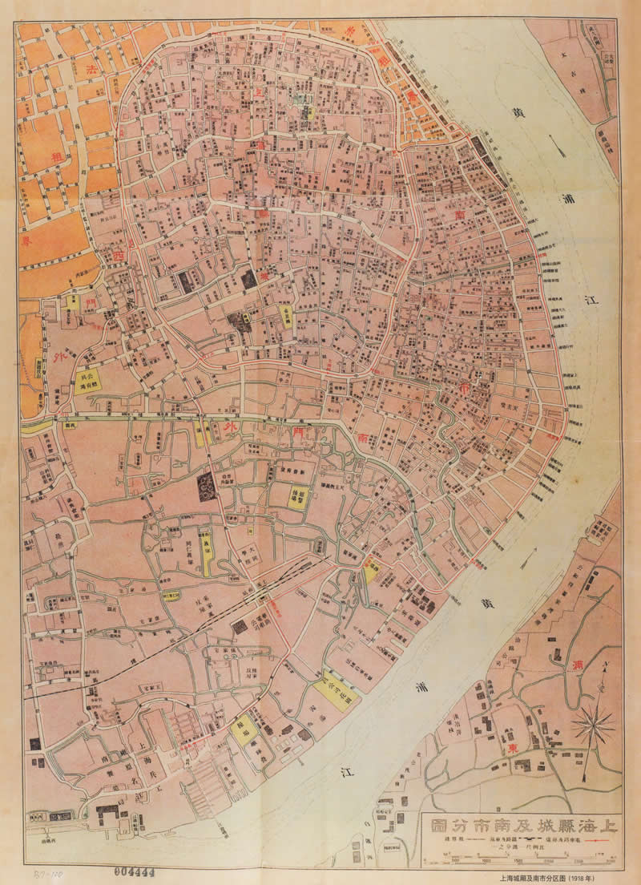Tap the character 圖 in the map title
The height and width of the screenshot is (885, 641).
[440, 826]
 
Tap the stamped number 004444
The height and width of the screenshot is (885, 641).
[134, 870]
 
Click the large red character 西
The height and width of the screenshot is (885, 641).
[120, 255]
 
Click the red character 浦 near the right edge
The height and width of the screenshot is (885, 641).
[579, 665]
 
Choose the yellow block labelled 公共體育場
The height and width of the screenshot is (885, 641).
[95, 378]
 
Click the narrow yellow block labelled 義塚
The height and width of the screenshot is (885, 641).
[206, 553]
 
